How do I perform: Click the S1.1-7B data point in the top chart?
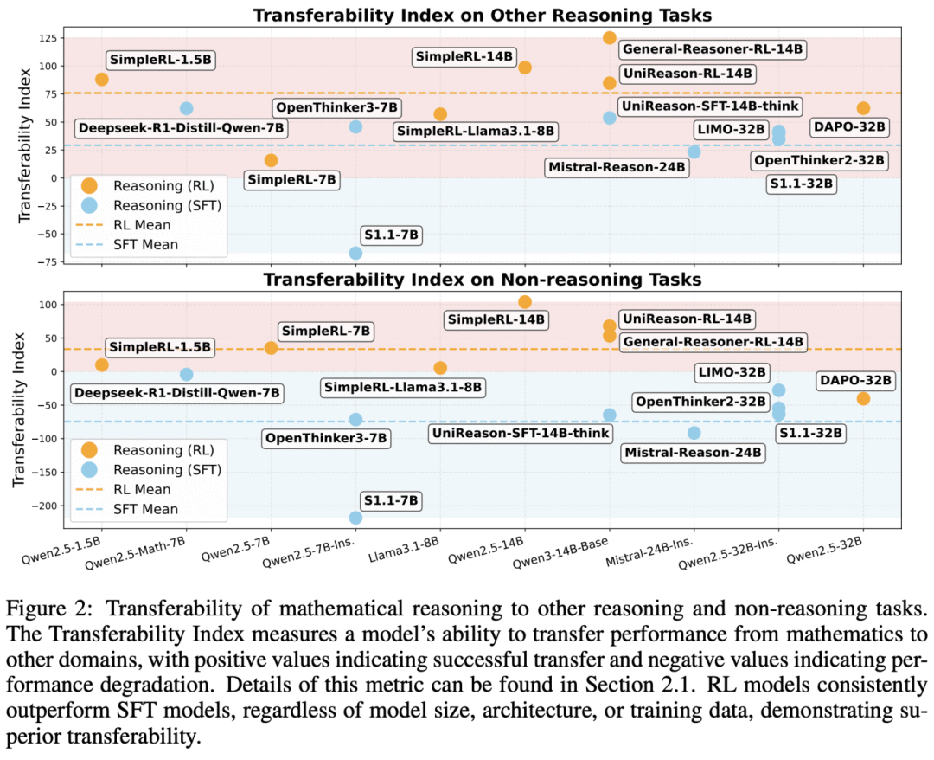(355, 253)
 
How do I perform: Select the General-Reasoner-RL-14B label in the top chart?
(712, 49)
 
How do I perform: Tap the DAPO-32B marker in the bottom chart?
(863, 398)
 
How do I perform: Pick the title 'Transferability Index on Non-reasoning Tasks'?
(482, 280)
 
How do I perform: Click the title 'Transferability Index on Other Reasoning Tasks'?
(482, 15)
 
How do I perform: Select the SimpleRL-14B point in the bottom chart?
(525, 302)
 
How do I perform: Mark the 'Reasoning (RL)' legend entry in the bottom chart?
(151, 450)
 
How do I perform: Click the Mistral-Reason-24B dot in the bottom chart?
(694, 433)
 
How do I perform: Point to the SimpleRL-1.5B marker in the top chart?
(102, 80)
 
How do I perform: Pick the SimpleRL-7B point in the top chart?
(272, 160)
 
